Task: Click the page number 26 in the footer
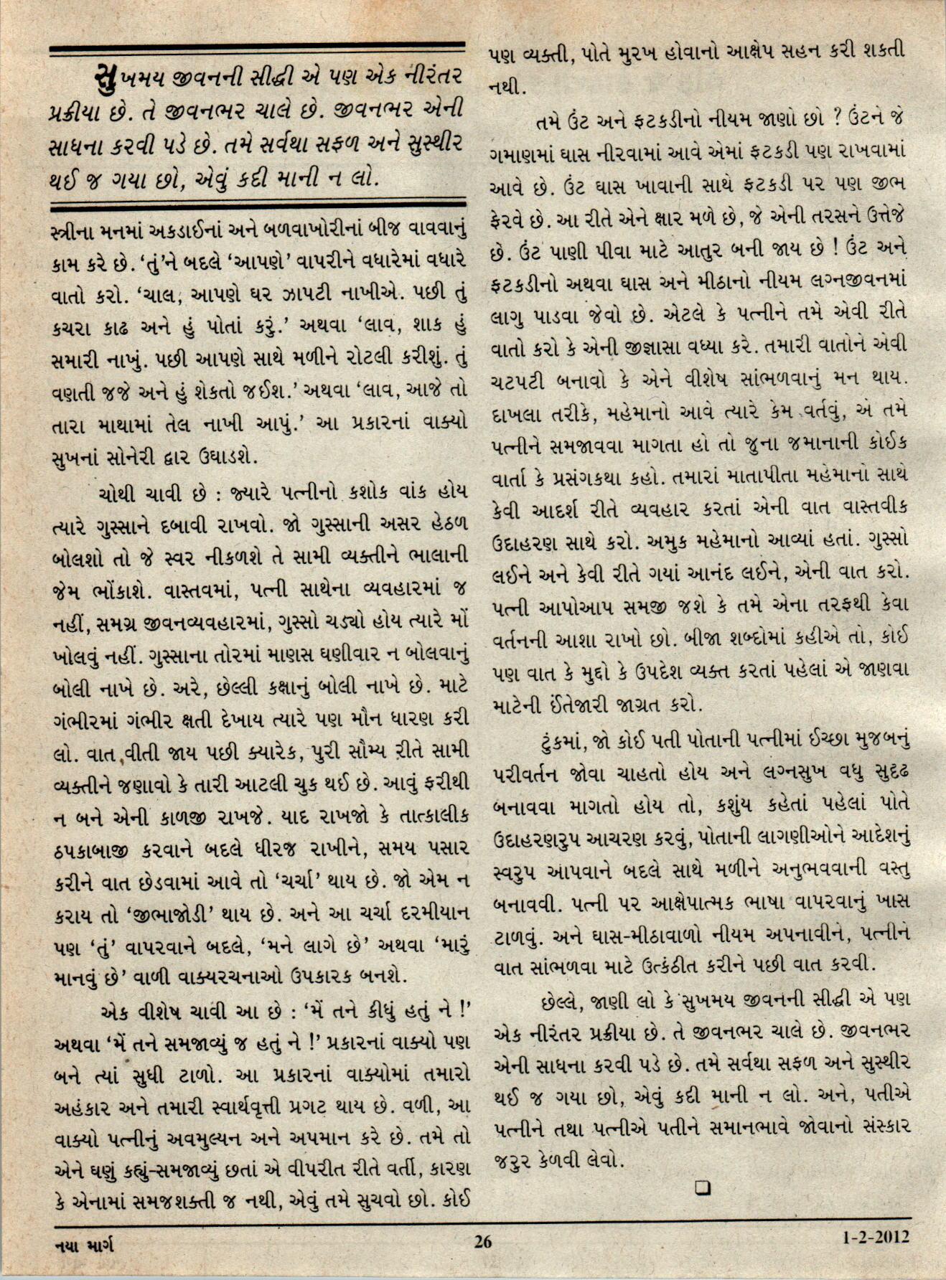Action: coord(482,1241)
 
